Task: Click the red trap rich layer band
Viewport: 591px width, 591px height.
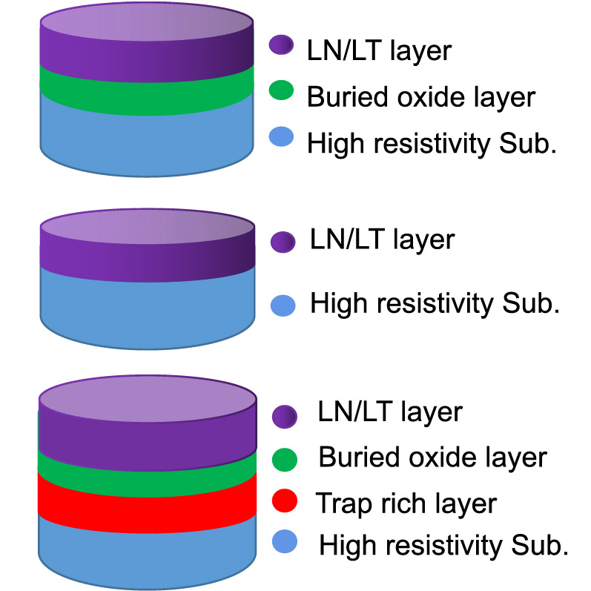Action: [x=147, y=501]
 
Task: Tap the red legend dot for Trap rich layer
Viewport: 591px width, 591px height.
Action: [x=284, y=502]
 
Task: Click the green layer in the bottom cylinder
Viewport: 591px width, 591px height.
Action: [x=147, y=466]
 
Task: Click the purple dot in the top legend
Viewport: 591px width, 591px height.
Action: [x=283, y=46]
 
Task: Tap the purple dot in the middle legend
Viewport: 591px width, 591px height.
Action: [x=283, y=241]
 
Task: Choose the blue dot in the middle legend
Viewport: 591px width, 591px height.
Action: [x=283, y=305]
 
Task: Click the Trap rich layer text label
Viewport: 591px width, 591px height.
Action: [x=406, y=503]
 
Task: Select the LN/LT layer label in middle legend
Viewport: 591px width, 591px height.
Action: [x=382, y=240]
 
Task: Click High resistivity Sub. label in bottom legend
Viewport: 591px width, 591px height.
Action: [x=443, y=547]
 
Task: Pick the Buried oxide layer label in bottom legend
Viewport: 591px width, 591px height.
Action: [x=432, y=458]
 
